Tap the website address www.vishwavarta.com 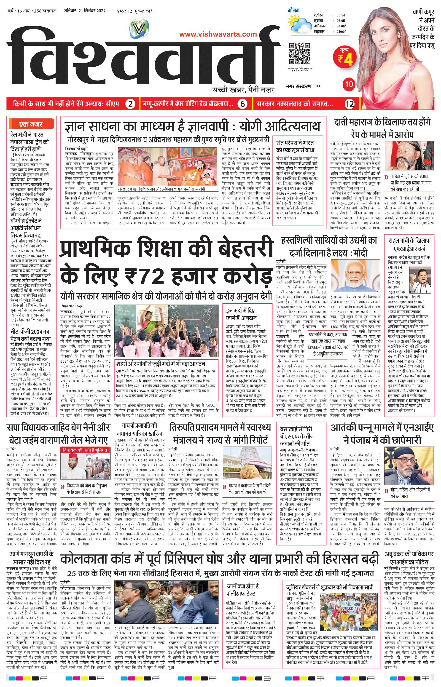(x=218, y=34)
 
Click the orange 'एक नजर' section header (x=32, y=124)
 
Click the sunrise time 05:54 (x=341, y=16)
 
